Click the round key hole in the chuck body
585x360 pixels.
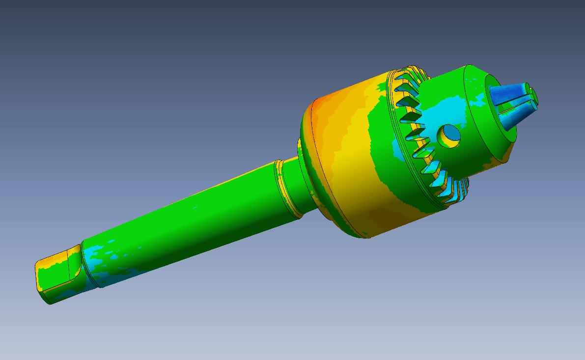[449, 134]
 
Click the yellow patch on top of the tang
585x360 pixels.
[64, 255]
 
